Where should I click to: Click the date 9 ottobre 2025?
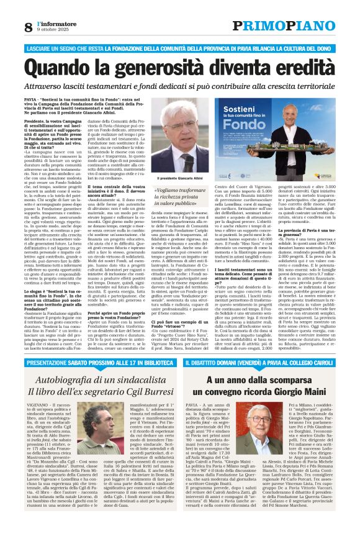coord(50,30)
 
